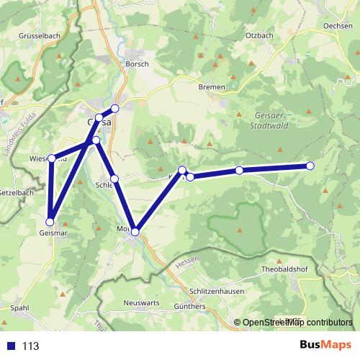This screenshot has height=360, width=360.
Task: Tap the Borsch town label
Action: tap(137, 64)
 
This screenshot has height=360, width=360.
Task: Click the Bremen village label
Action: tap(212, 86)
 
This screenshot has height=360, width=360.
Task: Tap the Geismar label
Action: tap(55, 233)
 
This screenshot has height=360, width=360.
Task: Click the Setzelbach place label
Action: tap(16, 193)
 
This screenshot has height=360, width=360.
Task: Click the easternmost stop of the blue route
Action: tap(310, 166)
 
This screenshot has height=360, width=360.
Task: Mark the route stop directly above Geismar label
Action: tap(50, 221)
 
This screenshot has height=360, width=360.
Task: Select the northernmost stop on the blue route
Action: tap(114, 109)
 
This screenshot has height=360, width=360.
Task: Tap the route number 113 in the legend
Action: tap(30, 346)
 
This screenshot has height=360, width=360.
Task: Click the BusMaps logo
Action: tap(321, 346)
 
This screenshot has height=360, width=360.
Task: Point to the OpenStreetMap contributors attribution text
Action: tap(297, 323)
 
